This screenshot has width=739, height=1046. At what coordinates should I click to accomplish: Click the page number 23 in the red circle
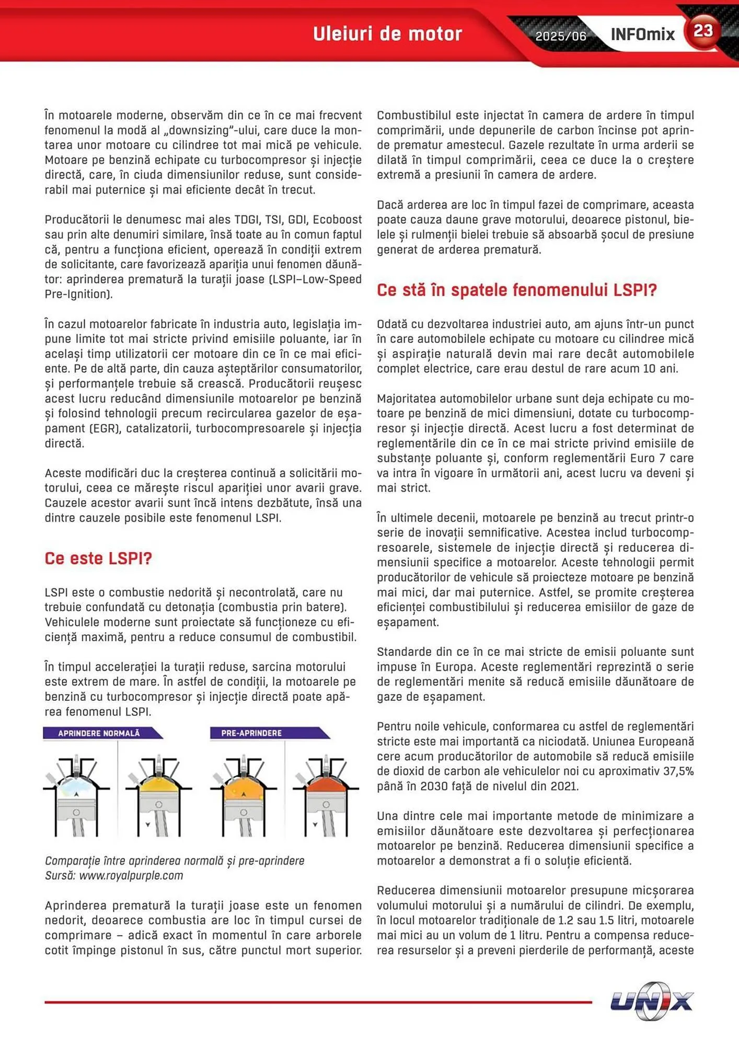703,31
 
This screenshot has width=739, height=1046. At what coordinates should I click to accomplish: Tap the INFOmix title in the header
642,35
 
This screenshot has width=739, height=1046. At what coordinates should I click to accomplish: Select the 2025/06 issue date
560,36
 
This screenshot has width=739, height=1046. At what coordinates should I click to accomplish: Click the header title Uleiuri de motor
387,34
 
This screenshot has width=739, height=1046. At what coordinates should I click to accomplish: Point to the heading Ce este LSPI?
98,558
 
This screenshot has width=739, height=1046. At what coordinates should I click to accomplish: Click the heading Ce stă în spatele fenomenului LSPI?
516,290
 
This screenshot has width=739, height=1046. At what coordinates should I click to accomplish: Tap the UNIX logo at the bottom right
651,1001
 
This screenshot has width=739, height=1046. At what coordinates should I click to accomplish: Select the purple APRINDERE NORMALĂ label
99,733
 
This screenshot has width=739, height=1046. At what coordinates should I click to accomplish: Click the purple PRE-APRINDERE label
251,733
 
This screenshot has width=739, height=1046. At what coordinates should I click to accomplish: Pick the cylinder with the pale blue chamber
76,795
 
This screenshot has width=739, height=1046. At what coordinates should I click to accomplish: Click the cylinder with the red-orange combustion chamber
326,795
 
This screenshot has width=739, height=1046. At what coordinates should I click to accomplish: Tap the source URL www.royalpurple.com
131,876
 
